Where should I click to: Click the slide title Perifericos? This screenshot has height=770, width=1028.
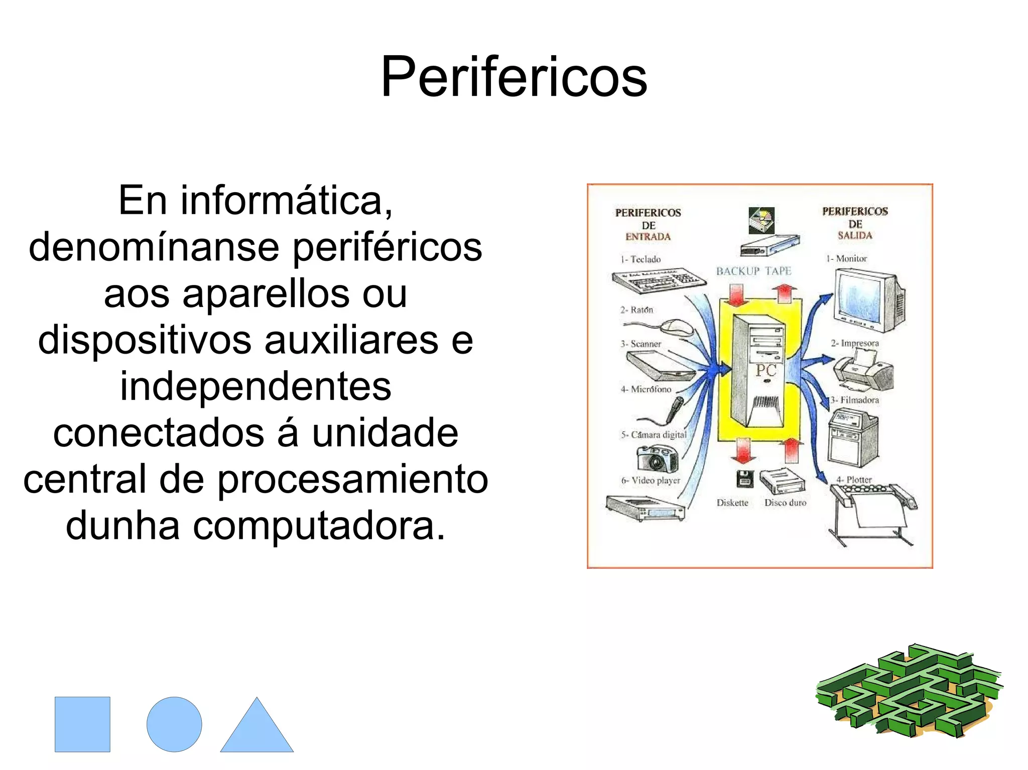click(x=514, y=76)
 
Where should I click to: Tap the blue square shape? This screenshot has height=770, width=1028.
click(x=82, y=724)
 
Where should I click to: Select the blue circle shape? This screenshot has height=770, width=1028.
click(x=174, y=724)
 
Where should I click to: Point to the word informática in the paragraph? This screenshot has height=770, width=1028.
click(x=286, y=200)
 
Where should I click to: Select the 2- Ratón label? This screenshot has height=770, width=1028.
click(x=636, y=310)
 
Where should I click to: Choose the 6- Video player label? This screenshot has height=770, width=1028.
click(x=651, y=480)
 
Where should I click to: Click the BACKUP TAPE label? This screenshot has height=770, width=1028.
click(x=753, y=271)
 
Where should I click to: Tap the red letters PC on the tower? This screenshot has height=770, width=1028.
click(x=766, y=371)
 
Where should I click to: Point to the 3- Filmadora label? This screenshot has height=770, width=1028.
click(x=854, y=400)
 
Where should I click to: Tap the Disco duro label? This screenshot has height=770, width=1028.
click(x=785, y=503)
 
